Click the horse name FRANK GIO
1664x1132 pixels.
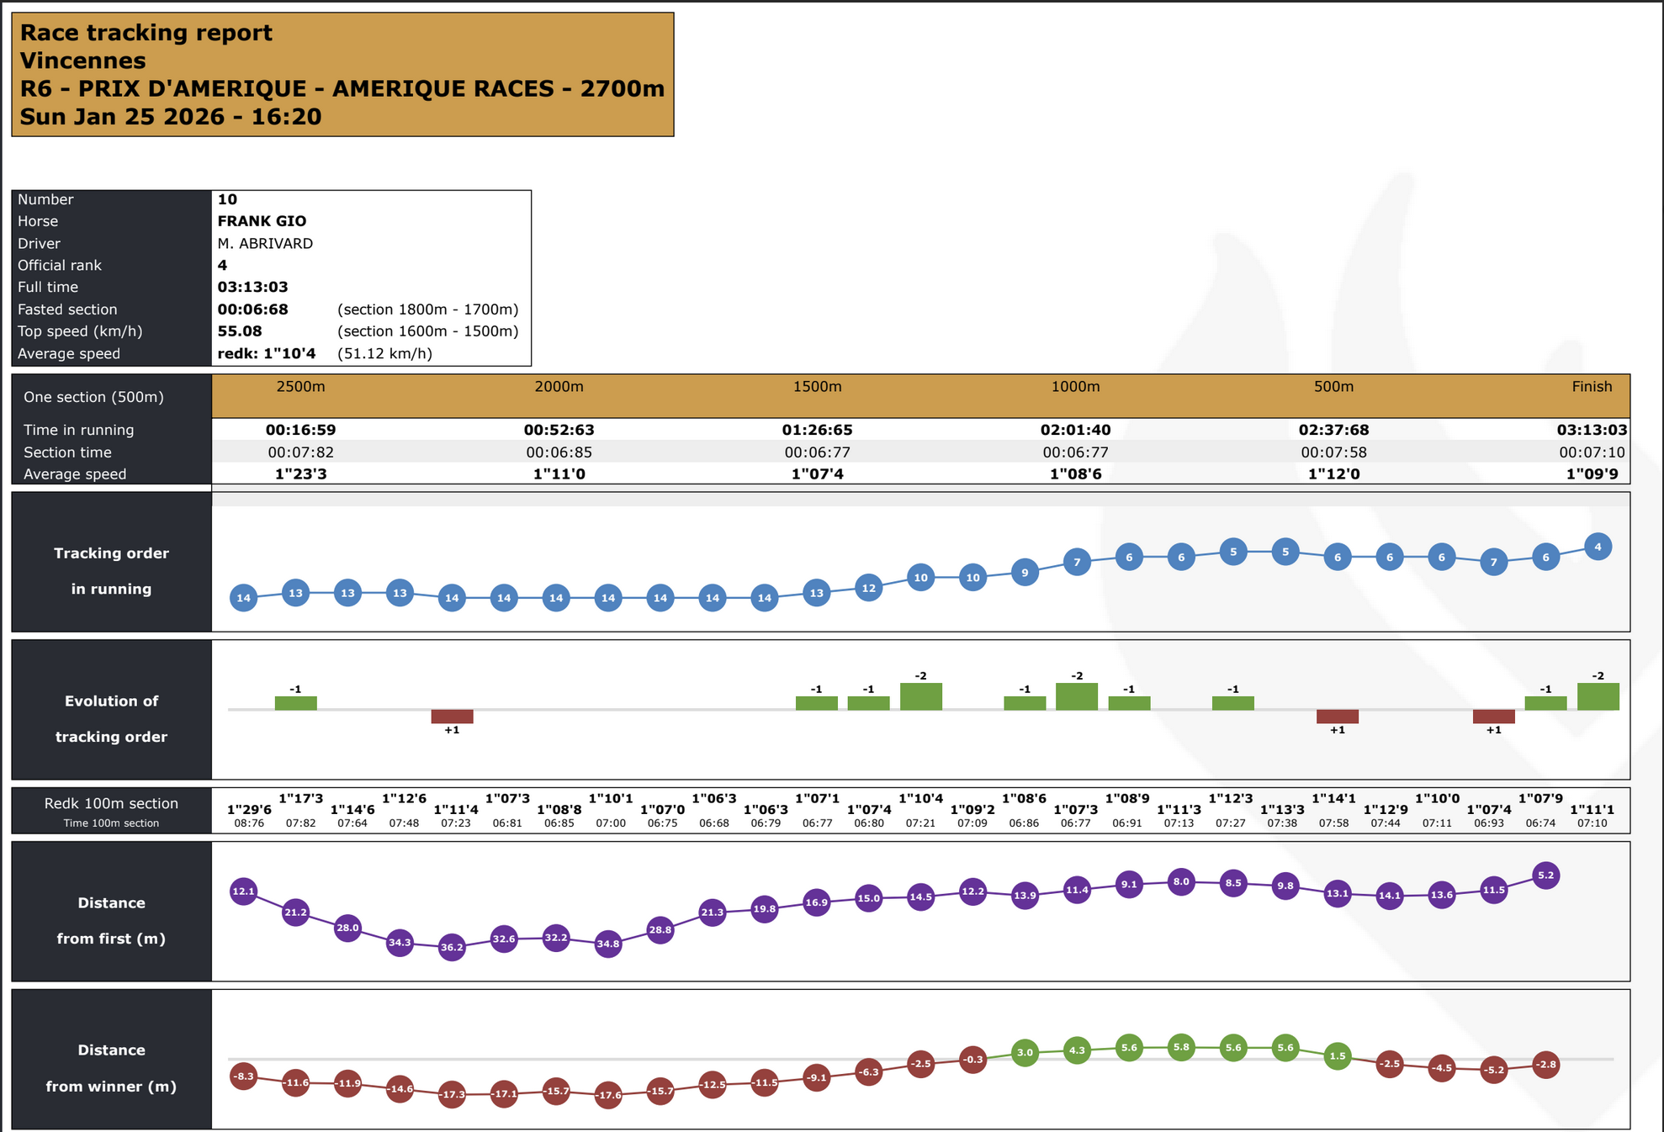coord(262,221)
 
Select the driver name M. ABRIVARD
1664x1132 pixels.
coord(265,243)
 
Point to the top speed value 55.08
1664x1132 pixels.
coord(240,331)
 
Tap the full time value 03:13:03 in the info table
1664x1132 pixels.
coord(252,287)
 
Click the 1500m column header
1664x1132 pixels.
coord(817,387)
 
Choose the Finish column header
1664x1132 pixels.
coord(1592,387)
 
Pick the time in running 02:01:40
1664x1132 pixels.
coord(1075,430)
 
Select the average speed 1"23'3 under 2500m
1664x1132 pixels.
coord(300,474)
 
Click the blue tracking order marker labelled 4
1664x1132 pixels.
coord(1598,547)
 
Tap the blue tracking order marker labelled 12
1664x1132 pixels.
coord(869,588)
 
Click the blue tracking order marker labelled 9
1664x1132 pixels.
coord(1025,573)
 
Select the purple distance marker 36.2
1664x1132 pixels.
coord(452,947)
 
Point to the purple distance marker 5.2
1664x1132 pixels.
coord(1545,875)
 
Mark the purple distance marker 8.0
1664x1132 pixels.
coord(1181,881)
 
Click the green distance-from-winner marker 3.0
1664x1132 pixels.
coord(1025,1052)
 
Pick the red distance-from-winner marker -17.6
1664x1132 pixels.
coord(608,1095)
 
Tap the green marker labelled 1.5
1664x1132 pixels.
coord(1338,1055)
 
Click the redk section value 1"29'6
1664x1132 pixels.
coord(249,810)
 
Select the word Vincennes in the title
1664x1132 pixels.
coord(82,61)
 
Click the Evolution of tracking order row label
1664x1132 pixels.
coord(111,718)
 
